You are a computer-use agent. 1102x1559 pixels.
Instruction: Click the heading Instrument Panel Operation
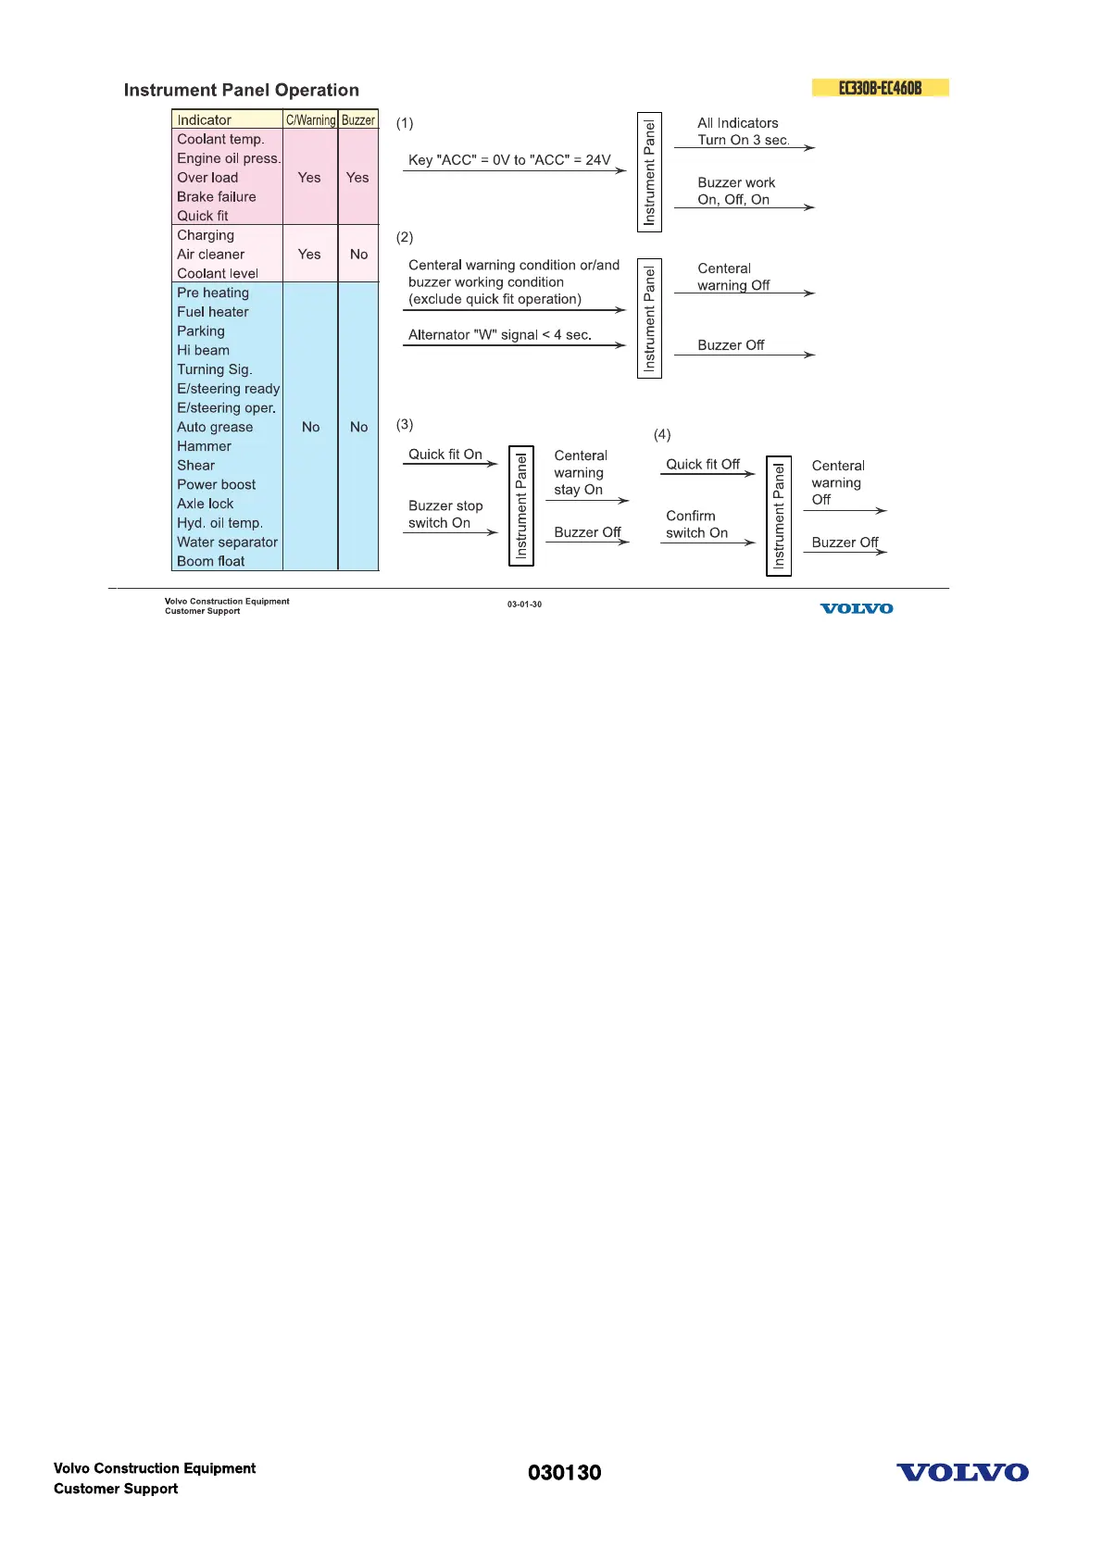241,90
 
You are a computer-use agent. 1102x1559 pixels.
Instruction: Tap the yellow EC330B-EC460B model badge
880,88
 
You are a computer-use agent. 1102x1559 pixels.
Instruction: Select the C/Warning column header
310,119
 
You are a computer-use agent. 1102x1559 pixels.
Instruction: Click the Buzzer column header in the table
358,119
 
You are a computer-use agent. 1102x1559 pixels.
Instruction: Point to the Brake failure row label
217,196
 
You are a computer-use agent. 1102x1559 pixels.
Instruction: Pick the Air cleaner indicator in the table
211,254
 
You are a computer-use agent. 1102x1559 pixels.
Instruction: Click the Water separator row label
227,542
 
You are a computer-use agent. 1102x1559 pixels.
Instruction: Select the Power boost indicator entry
217,484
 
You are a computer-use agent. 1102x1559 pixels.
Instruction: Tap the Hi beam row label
203,350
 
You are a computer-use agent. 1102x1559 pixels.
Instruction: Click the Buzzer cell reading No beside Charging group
358,254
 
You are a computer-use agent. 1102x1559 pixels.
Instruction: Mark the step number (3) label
405,424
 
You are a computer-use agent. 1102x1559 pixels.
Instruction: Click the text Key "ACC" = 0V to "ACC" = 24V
509,159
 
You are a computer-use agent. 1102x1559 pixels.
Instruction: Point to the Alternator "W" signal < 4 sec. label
499,334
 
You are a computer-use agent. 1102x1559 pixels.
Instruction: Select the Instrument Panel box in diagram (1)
649,172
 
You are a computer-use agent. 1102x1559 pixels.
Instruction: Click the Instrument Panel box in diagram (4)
779,516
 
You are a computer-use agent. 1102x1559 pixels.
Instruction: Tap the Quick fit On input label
445,454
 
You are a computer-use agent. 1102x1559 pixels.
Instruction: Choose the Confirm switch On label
696,524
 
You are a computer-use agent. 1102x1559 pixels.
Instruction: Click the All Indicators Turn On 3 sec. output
743,131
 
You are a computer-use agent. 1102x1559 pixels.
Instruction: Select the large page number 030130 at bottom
564,1472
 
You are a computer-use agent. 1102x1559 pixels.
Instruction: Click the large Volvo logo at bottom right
962,1472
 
